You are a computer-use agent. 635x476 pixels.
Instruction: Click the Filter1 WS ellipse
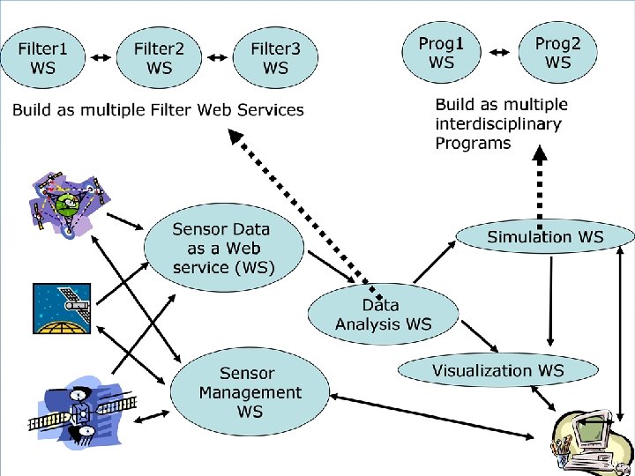tap(43, 55)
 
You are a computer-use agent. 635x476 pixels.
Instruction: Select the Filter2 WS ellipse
tap(160, 55)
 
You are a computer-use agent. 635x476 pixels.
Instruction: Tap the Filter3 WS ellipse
tap(275, 55)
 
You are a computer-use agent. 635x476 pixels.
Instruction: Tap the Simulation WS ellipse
tap(545, 236)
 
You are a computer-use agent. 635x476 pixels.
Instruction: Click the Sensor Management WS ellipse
tap(250, 392)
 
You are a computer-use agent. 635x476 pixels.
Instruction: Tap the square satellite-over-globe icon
tap(62, 310)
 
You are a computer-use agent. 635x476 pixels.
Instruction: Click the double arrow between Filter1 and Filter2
tap(101, 57)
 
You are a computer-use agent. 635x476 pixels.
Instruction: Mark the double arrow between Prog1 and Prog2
tap(500, 53)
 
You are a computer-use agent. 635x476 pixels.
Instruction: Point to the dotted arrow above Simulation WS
tap(542, 185)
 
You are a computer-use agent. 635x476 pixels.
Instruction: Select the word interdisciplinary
tap(497, 123)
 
